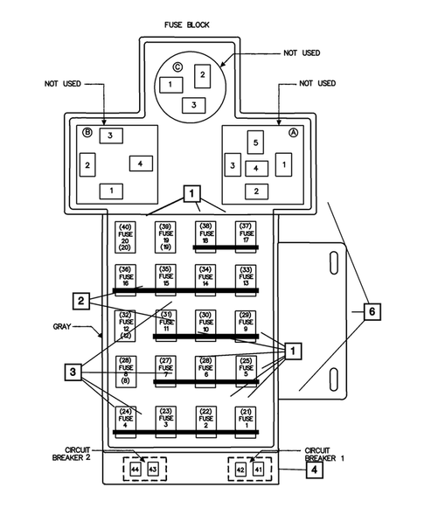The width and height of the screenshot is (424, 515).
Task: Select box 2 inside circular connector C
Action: [202, 76]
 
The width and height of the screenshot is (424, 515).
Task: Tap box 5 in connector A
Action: [254, 142]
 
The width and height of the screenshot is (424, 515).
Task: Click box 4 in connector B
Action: [142, 164]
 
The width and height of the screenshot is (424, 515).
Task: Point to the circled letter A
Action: [293, 134]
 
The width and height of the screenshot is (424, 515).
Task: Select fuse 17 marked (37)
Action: [246, 235]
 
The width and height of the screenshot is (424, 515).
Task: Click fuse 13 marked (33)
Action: [246, 278]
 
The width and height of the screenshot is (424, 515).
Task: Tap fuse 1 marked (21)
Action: [246, 421]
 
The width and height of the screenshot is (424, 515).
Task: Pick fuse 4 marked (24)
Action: [123, 421]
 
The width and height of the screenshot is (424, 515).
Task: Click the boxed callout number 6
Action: [372, 311]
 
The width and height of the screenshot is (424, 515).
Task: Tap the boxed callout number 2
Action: [80, 301]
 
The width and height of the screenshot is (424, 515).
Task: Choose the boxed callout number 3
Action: [73, 373]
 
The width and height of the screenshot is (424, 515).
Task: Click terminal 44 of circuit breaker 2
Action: [135, 470]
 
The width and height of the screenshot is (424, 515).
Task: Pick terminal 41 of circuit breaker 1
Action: [258, 470]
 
